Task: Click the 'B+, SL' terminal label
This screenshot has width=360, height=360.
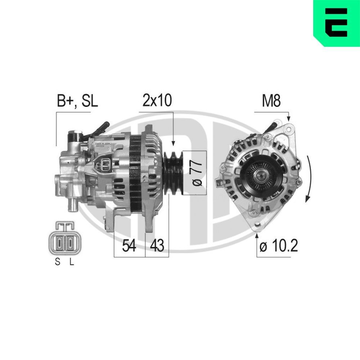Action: [77, 101]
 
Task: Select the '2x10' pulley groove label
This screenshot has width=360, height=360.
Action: [157, 101]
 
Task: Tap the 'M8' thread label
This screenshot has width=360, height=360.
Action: [271, 101]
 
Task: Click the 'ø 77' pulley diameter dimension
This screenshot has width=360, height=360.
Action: [197, 173]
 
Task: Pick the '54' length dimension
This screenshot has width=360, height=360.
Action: [129, 246]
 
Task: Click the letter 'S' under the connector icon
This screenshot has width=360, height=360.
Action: [57, 262]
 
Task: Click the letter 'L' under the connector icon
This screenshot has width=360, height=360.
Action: [71, 262]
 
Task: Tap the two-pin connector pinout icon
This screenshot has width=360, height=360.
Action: [64, 240]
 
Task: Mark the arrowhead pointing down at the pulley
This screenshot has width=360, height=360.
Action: [174, 143]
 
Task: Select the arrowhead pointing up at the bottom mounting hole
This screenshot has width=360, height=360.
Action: [257, 236]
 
